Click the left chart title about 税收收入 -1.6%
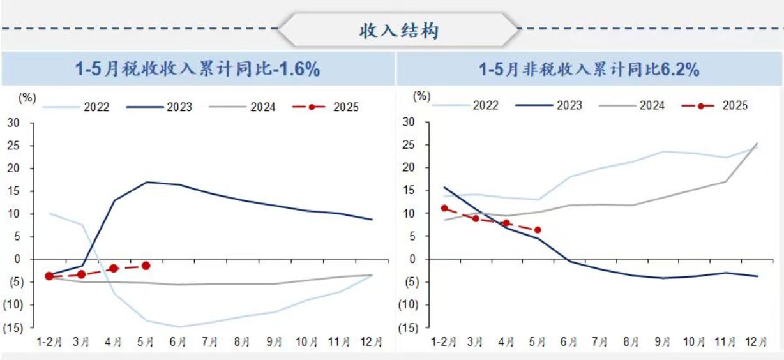[197, 69]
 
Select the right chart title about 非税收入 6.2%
[589, 69]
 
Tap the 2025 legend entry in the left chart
[326, 107]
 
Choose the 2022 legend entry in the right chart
[469, 105]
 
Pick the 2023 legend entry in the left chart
[159, 107]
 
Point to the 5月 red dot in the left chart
[146, 266]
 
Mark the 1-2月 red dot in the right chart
[444, 208]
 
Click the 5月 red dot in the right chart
[538, 230]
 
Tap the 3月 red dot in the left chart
[81, 274]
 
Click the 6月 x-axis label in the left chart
[178, 342]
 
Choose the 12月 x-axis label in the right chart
[757, 342]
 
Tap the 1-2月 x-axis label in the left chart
[49, 342]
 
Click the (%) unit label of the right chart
[422, 96]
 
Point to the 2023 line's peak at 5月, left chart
[147, 182]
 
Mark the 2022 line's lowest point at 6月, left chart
[179, 327]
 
